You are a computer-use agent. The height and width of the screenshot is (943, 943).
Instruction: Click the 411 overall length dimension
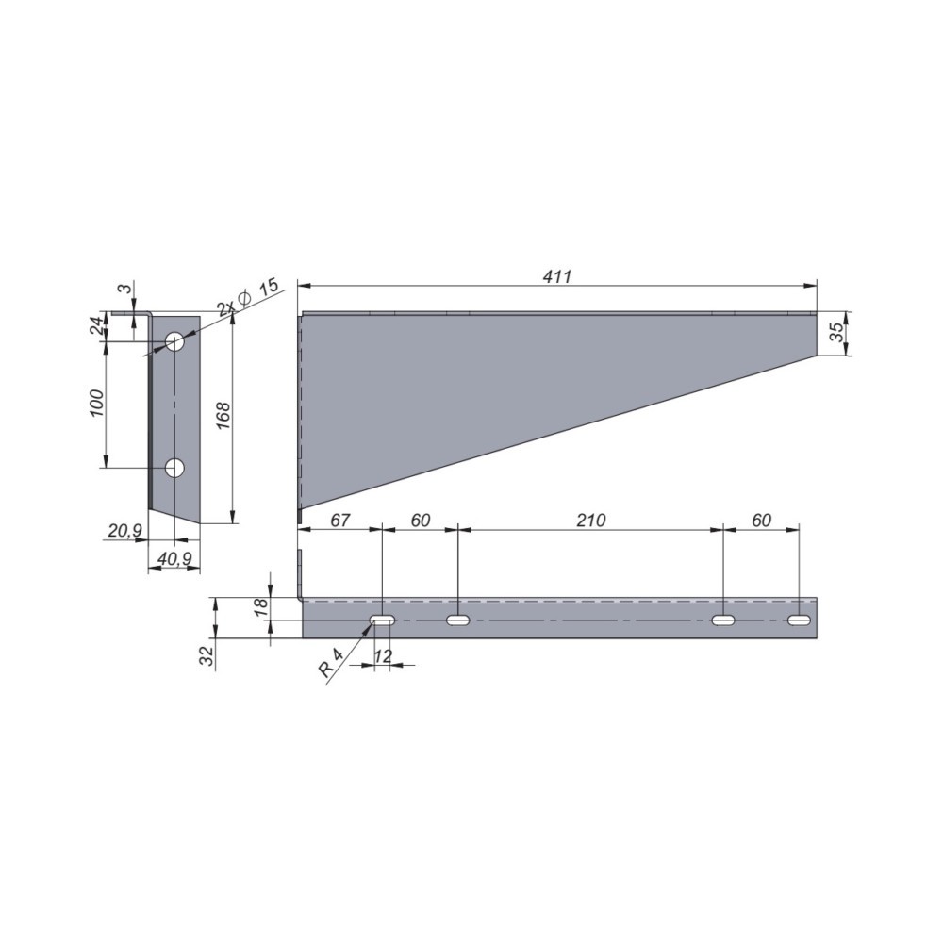coord(557,276)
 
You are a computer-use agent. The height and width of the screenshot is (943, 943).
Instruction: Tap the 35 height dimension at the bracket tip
coord(836,333)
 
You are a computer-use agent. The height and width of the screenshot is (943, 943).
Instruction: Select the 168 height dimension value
coord(222,416)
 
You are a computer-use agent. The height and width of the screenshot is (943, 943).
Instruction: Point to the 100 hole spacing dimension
coord(96,403)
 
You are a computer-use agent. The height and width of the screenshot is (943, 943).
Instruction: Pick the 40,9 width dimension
coord(174,558)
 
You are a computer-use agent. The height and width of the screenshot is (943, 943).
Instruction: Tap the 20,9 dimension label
coord(124,530)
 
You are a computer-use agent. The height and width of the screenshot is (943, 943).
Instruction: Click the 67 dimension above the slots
coord(339,521)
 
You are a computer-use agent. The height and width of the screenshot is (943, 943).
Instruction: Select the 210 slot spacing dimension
coord(591,521)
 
